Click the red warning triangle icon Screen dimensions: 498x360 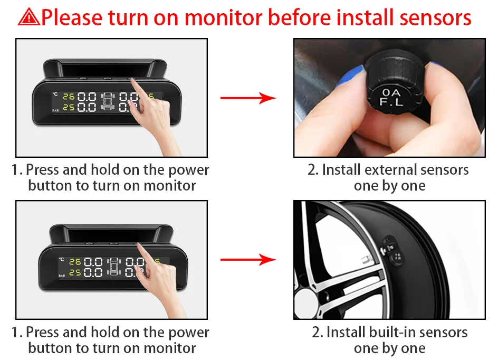tap(29, 17)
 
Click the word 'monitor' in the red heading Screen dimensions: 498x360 tap(223, 17)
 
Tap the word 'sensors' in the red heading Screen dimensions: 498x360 tap(435, 18)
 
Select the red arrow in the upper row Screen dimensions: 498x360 tap(248, 98)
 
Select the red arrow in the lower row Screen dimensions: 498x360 tap(248, 260)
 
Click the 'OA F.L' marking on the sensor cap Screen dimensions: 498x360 tap(391, 97)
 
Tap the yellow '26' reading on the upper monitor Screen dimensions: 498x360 tap(69, 96)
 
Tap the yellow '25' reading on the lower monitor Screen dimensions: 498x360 tap(75, 272)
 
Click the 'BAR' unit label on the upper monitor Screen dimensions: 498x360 tap(55, 110)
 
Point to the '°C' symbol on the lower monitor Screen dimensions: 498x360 tap(61, 260)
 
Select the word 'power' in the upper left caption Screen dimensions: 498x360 tap(189, 170)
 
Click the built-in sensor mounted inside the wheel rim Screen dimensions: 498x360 tap(392, 251)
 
